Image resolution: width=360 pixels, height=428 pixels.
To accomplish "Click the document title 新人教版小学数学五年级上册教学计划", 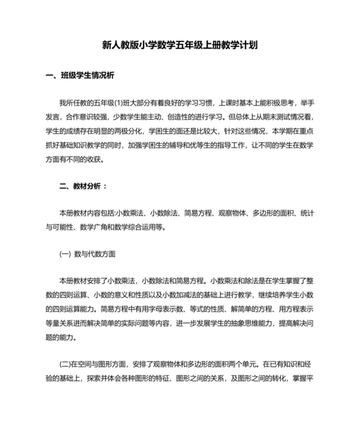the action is pos(180,45).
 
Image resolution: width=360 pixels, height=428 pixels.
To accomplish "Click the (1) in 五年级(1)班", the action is pos(127,102).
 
